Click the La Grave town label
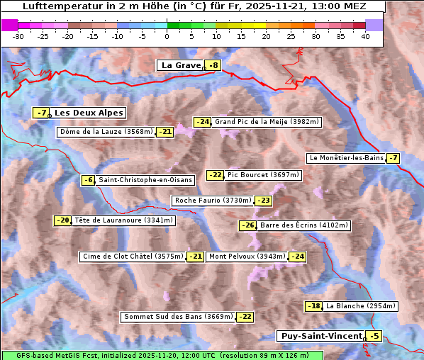pyautogui.click(x=181, y=65)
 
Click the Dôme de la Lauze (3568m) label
pyautogui.click(x=106, y=132)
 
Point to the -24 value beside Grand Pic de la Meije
pyautogui.click(x=203, y=122)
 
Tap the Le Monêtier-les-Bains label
pyautogui.click(x=346, y=158)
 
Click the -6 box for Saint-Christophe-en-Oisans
pyautogui.click(x=88, y=180)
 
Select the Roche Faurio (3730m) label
pyautogui.click(x=213, y=201)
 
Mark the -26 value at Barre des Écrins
pyautogui.click(x=247, y=225)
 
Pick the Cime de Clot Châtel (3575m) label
pyautogui.click(x=132, y=257)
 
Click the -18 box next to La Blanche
pyautogui.click(x=313, y=306)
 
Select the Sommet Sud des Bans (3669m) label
pyautogui.click(x=178, y=317)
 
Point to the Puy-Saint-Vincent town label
pyautogui.click(x=321, y=336)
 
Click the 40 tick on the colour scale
pyautogui.click(x=365, y=35)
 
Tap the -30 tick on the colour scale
pyautogui.click(x=18, y=35)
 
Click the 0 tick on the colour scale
pyautogui.click(x=167, y=35)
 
